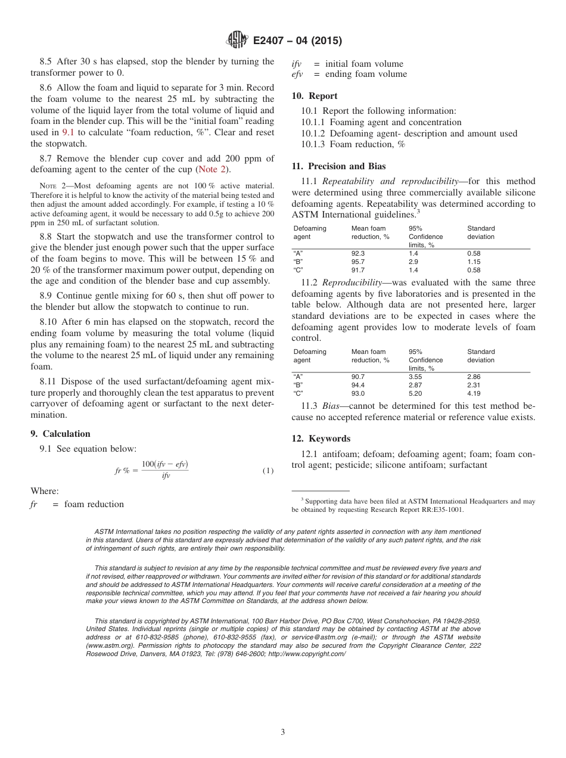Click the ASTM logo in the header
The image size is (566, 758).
pyautogui.click(x=238, y=41)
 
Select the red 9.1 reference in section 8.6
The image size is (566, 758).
pyautogui.click(x=68, y=133)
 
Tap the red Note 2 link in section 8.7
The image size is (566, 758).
pyautogui.click(x=212, y=170)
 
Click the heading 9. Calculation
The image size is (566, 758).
pyautogui.click(x=60, y=434)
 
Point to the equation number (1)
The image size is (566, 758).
pyautogui.click(x=268, y=471)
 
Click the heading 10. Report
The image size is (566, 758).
pyautogui.click(x=315, y=96)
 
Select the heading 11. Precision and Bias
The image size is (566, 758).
pyautogui.click(x=338, y=166)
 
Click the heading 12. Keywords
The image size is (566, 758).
pyautogui.click(x=321, y=439)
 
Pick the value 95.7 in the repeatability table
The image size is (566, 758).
pyautogui.click(x=358, y=262)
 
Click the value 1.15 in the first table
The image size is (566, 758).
pyautogui.click(x=474, y=262)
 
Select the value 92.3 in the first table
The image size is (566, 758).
pyautogui.click(x=358, y=253)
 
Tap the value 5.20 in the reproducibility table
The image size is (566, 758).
pyautogui.click(x=416, y=393)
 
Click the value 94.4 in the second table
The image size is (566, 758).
pyautogui.click(x=358, y=385)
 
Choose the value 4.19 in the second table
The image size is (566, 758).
pyautogui.click(x=474, y=393)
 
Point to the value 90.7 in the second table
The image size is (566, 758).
pyautogui.click(x=358, y=377)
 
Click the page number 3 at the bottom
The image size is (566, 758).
pyautogui.click(x=283, y=732)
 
